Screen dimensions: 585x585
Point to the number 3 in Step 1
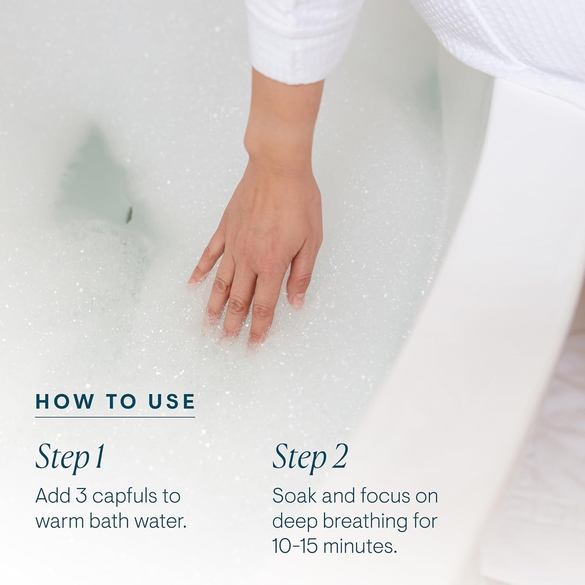click(x=81, y=496)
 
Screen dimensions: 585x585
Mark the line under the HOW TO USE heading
click(x=115, y=417)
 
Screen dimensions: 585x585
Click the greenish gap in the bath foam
click(x=96, y=179)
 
